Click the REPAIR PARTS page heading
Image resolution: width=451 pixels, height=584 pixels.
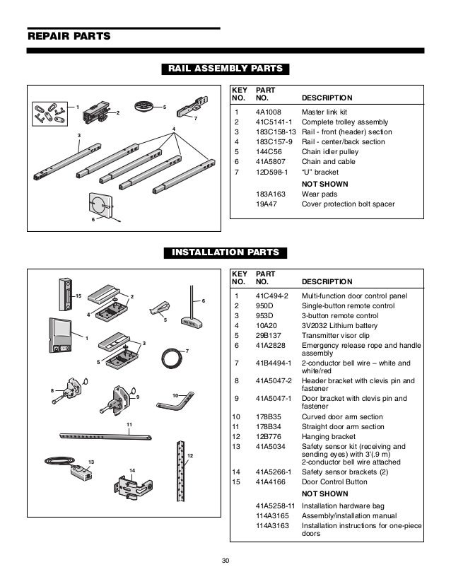coord(68,36)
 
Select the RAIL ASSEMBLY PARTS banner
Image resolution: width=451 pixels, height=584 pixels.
coord(225,69)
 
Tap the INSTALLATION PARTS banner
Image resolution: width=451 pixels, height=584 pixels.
coord(225,252)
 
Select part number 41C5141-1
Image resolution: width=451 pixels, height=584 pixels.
coord(272,122)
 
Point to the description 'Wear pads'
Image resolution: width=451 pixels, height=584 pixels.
coord(320,195)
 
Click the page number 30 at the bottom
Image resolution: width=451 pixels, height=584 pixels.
coord(225,562)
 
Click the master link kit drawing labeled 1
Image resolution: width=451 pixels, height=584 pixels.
coord(47,112)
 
